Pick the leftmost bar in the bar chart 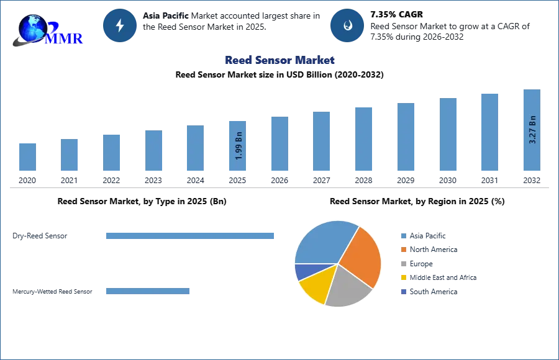click(27, 156)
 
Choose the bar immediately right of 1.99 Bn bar click(278, 143)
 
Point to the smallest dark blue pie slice click(302, 271)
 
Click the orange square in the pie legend click(403, 250)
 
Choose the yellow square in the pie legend click(403, 278)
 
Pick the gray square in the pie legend click(403, 264)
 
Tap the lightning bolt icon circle click(120, 25)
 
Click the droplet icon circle click(347, 25)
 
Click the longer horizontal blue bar click(191, 236)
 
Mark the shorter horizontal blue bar click(149, 292)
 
